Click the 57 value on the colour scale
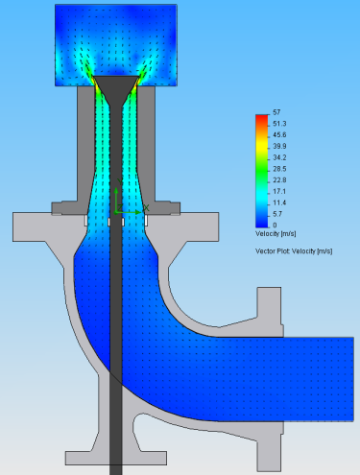click(x=276, y=112)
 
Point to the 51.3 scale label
click(x=279, y=124)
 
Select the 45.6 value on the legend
click(x=279, y=134)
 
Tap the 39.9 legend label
click(x=279, y=146)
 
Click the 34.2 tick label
click(x=279, y=157)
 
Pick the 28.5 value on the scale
click(x=279, y=169)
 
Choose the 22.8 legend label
click(x=279, y=180)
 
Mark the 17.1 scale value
click(x=279, y=191)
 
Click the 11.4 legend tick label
click(x=279, y=202)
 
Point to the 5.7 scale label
click(x=278, y=214)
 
